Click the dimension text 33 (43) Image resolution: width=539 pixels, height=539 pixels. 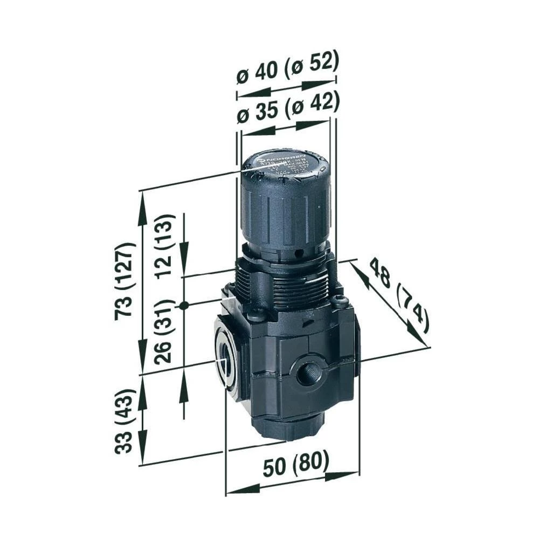tap(125, 421)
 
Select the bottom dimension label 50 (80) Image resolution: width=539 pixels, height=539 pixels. tap(295, 465)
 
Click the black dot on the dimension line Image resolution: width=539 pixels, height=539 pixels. tap(184, 305)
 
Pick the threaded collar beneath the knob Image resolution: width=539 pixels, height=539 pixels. tap(283, 286)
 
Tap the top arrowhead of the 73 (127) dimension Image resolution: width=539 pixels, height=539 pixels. tap(141, 202)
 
